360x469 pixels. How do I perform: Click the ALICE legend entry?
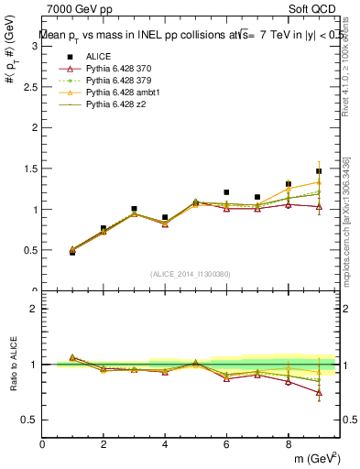(x=100, y=56)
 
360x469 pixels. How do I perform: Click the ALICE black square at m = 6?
(x=226, y=192)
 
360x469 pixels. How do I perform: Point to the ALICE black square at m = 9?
(x=319, y=171)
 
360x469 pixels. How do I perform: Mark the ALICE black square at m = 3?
(x=134, y=209)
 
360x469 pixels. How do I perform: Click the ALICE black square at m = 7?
(x=257, y=197)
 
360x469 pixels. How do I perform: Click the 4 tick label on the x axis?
(x=165, y=444)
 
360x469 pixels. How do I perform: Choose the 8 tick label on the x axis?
(x=288, y=444)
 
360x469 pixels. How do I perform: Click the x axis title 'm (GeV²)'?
(x=316, y=458)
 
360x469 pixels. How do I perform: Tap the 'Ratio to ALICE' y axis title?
(x=13, y=364)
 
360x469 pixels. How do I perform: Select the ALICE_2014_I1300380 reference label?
(x=191, y=274)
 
